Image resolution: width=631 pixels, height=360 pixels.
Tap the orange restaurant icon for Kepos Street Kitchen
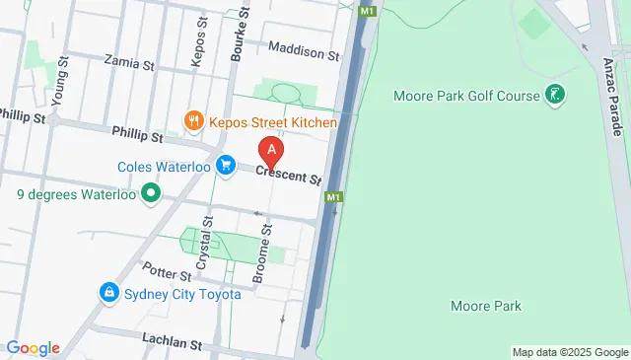(193, 122)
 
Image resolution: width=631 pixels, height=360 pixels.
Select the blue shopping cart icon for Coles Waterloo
(226, 166)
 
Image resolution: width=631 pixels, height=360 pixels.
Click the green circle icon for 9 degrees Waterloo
(151, 194)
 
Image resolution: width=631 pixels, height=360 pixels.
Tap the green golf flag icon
(557, 96)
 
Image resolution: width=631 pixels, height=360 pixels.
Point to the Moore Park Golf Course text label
(466, 96)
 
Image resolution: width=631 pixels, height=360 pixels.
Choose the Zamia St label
(134, 65)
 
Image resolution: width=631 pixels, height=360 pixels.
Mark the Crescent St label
(289, 176)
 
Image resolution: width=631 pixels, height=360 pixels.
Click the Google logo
(33, 348)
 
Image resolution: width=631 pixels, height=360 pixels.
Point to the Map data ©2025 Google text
(570, 352)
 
